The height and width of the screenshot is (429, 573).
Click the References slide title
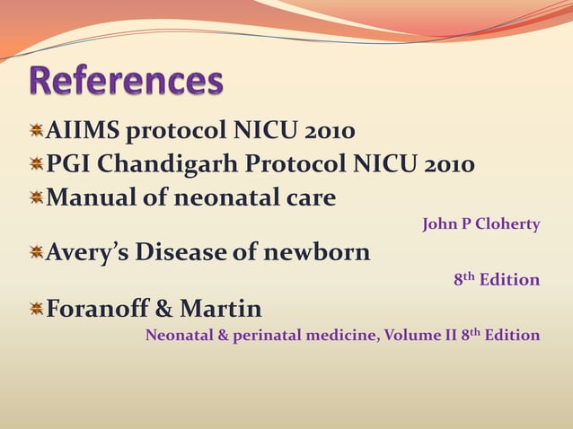(x=127, y=81)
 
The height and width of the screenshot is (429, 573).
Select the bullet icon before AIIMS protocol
(x=36, y=132)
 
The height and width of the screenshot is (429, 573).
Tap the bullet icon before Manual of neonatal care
(x=36, y=197)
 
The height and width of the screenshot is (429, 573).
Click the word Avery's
(x=87, y=253)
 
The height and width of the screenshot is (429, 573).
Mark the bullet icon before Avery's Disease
(x=36, y=252)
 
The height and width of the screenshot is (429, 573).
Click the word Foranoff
(x=95, y=311)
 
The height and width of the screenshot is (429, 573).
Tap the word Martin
(x=222, y=311)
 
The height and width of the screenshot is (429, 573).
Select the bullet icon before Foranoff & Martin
(x=36, y=310)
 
